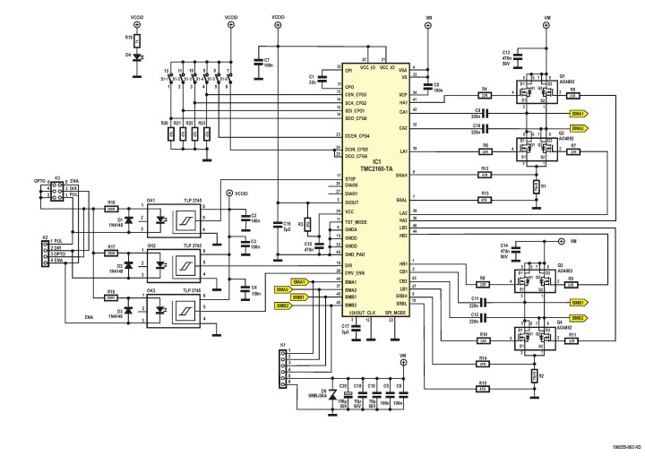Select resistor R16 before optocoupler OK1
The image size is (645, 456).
point(111,207)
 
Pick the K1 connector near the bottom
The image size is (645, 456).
point(283,368)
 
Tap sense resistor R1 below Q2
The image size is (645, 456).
point(534,185)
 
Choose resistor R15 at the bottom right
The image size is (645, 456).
point(483,387)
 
